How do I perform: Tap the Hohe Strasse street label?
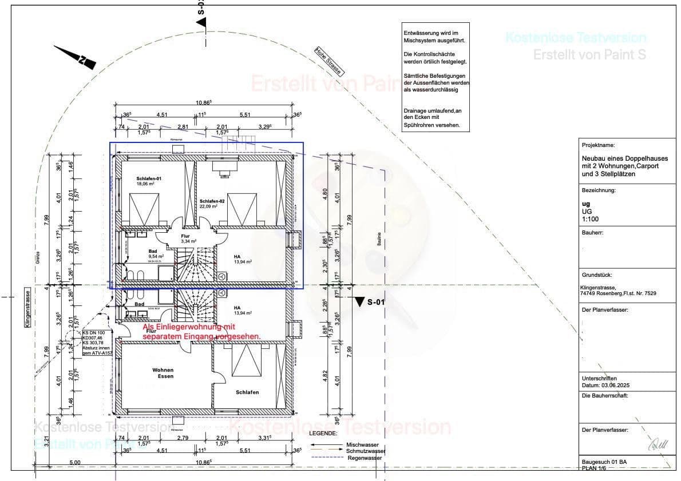[x=329, y=61]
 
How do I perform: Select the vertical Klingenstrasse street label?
[x=27, y=308]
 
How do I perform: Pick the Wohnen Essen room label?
[x=162, y=373]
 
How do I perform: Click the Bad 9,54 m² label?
[x=153, y=254]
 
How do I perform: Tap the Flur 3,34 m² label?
[x=185, y=238]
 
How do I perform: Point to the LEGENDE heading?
[x=323, y=434]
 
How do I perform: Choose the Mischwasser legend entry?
[x=362, y=444]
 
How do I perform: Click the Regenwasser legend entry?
[x=365, y=458]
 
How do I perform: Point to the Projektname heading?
[x=598, y=145]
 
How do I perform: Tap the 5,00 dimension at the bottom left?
[x=74, y=462]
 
